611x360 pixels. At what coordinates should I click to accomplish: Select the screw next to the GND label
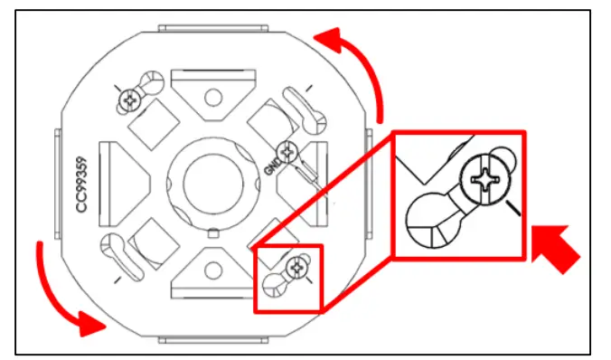point(288,150)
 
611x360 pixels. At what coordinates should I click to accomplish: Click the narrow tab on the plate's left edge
point(59,181)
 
